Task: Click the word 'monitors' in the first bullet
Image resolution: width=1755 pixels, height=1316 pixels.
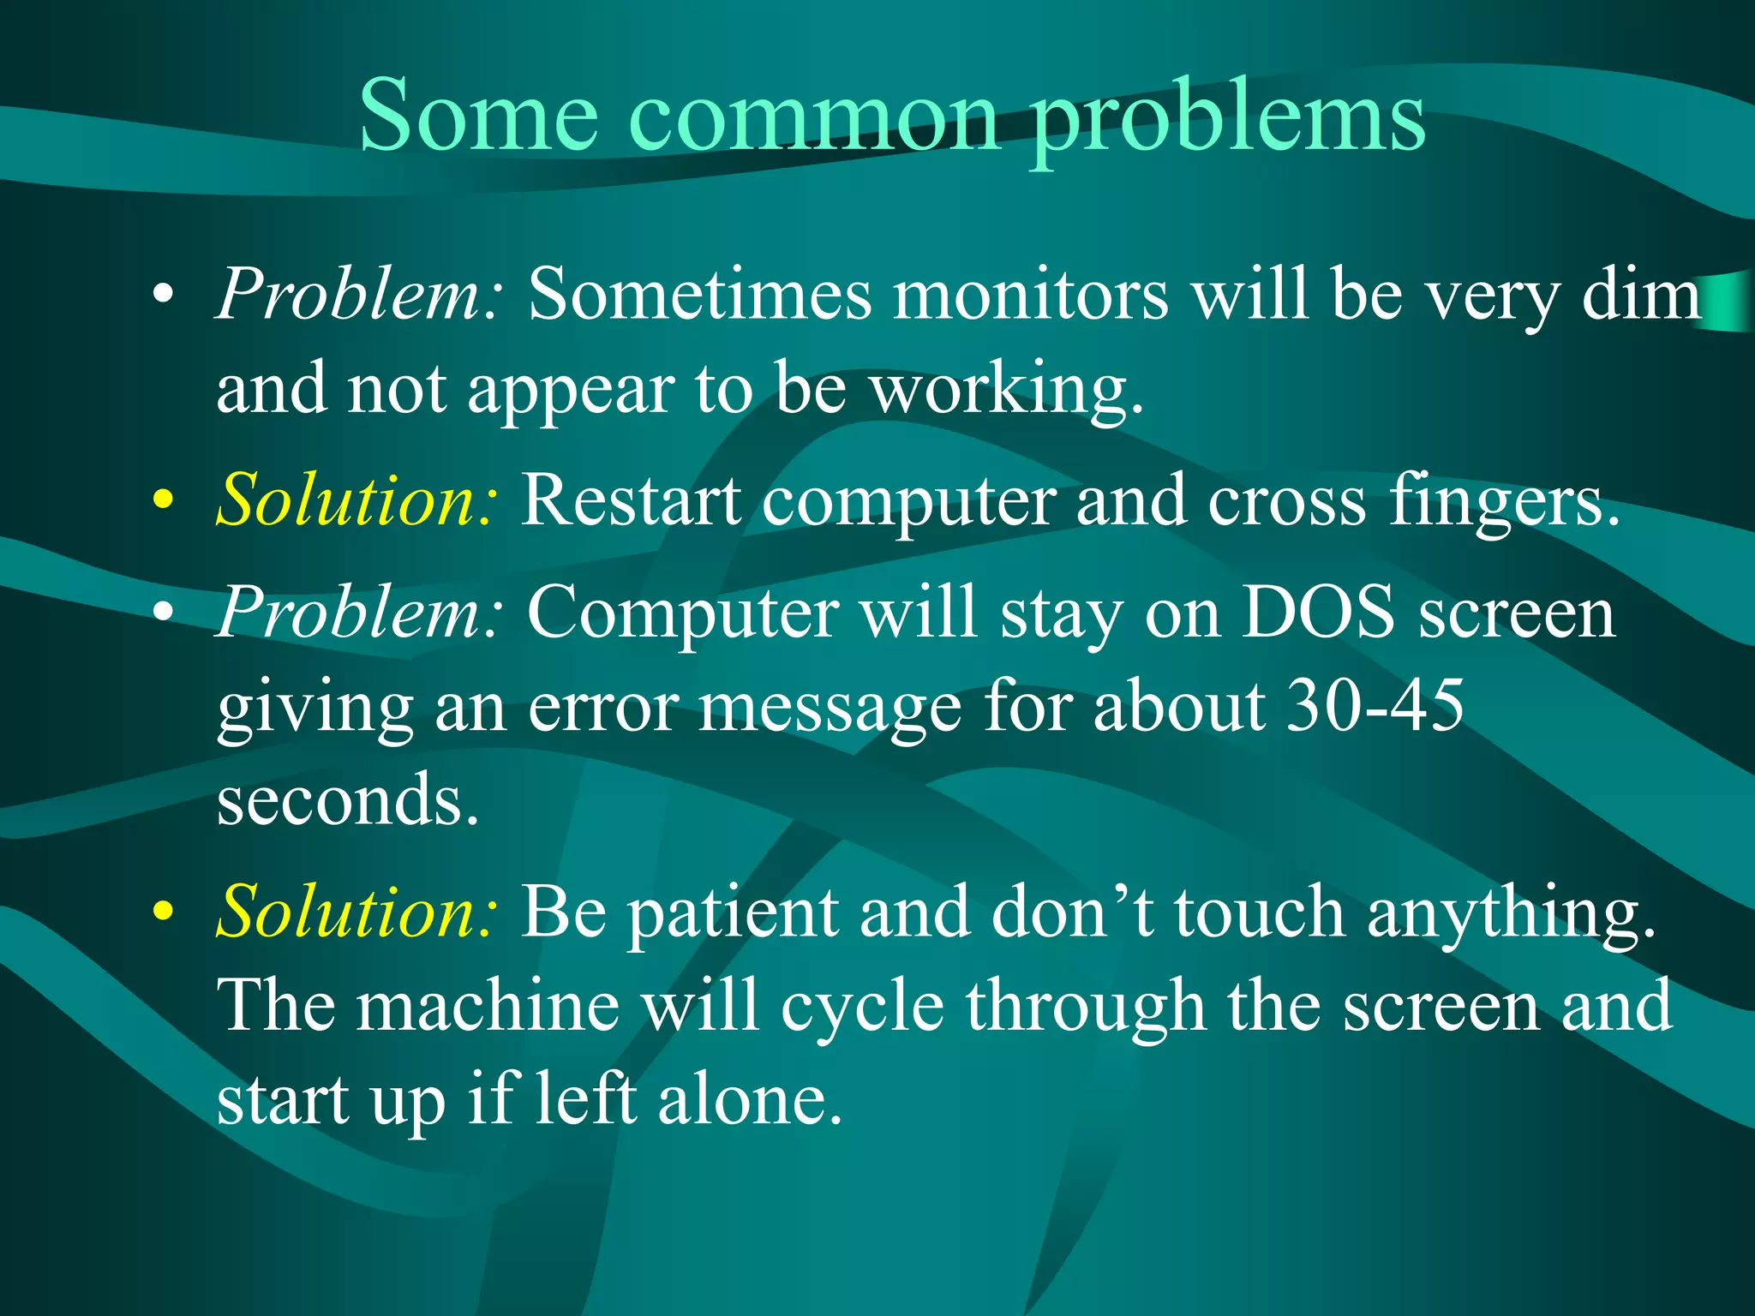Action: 1031,295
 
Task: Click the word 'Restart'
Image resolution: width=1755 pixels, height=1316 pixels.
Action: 631,500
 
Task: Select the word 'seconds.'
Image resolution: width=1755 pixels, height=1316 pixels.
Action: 347,799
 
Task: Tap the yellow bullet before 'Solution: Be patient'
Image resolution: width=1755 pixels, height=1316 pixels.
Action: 163,911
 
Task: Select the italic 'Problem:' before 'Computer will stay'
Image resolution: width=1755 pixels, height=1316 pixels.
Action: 360,613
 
